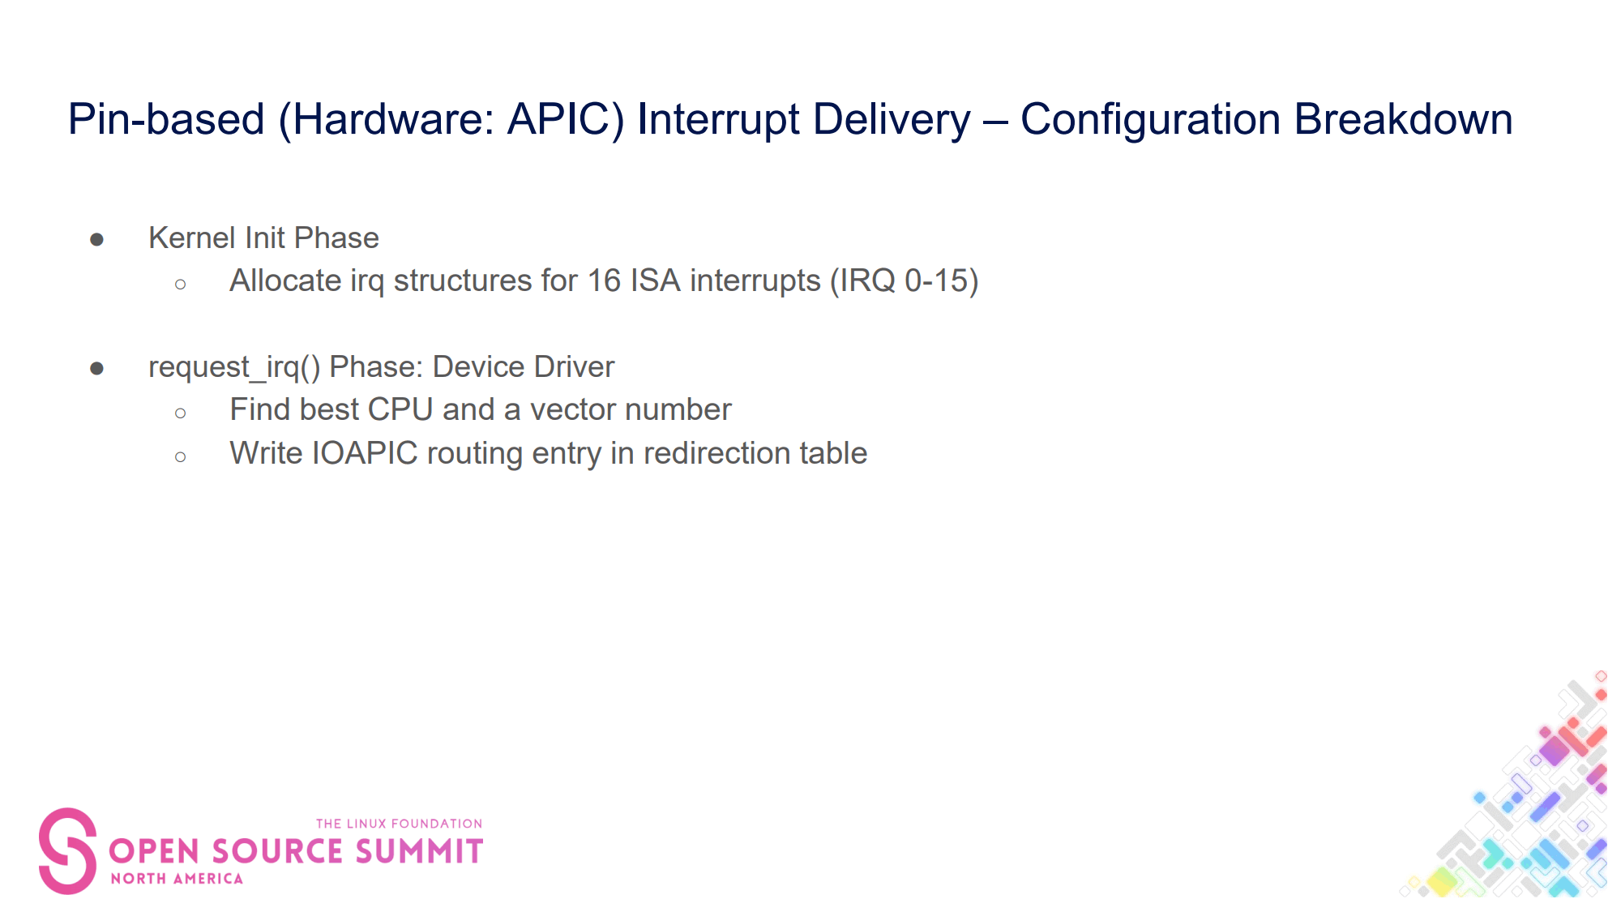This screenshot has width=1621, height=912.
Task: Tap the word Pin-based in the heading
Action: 166,119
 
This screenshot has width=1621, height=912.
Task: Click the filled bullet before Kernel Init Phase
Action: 97,239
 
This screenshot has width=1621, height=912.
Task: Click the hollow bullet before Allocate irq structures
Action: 180,284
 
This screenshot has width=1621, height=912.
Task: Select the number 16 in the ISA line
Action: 604,280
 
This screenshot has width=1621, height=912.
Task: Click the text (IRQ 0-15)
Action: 905,280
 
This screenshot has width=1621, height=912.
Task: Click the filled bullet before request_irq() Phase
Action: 97,369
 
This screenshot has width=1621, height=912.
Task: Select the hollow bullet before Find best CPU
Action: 180,413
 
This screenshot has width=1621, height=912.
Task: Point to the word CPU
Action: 400,409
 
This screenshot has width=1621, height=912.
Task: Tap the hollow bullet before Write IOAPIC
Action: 180,456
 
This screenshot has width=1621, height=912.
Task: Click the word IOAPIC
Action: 365,453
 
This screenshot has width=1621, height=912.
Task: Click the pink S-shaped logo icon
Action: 68,851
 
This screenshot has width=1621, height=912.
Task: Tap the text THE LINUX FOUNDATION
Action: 400,824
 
